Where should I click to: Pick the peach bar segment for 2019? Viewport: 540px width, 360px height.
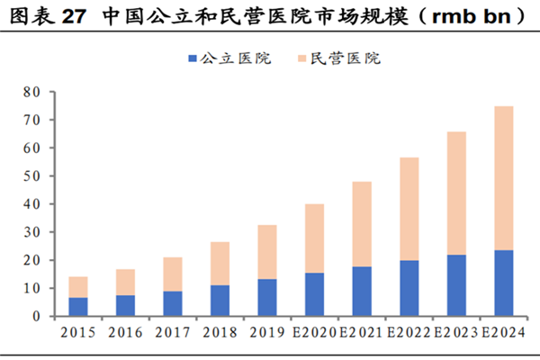coord(266,252)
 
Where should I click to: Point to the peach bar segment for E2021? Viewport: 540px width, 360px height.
coord(361,224)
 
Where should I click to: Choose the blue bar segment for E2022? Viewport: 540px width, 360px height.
coord(408,288)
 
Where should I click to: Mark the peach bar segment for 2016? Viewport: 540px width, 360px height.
coord(125,282)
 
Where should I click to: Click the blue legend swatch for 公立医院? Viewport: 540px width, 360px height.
coord(192,58)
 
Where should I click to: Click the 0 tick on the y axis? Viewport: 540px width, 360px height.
coord(37,317)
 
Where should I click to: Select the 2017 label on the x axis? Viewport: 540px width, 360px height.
coord(172,332)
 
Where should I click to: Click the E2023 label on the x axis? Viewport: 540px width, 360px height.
coord(454,332)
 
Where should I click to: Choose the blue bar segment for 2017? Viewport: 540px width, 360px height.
coord(172,303)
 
